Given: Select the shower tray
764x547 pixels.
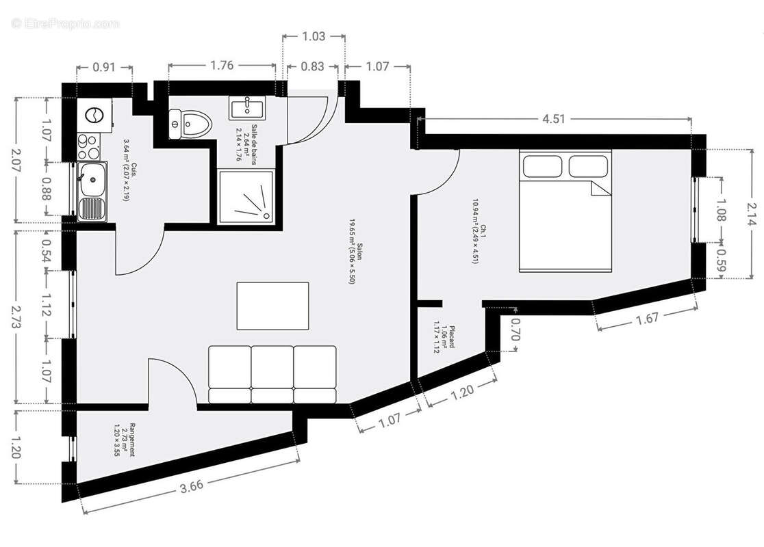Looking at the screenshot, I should click(249, 196).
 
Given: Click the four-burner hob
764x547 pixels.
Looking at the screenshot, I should click(88, 144).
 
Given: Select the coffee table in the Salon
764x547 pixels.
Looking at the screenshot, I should click(272, 306).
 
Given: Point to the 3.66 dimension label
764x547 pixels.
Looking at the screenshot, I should click(192, 488).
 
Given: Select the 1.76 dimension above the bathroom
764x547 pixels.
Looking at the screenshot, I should click(222, 66).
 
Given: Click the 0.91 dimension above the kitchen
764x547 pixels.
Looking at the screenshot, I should click(104, 67).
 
